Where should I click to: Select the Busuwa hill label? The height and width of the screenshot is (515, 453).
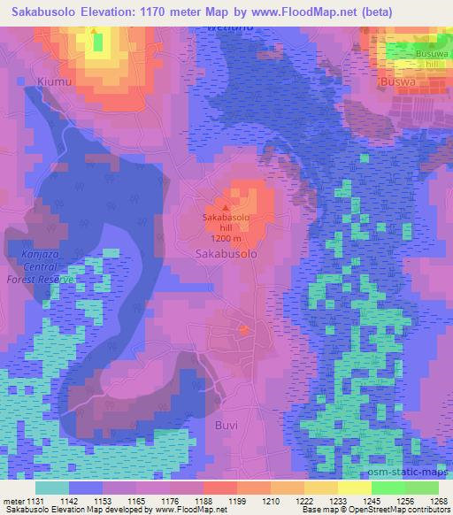[x=415, y=59]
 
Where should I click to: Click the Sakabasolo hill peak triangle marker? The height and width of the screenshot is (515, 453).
[x=225, y=207]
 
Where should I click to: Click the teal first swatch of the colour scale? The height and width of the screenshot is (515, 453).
[x=51, y=488]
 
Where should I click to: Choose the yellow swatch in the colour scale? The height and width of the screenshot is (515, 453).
[x=354, y=488]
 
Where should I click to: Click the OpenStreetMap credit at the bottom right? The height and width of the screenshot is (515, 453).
[x=408, y=511]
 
